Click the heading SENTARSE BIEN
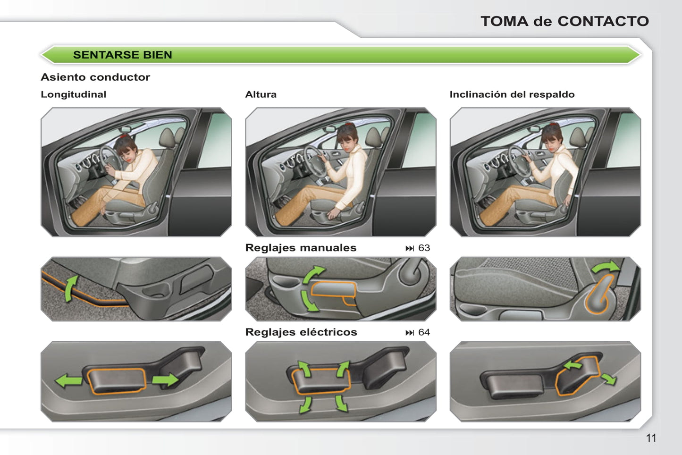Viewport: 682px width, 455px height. (122, 55)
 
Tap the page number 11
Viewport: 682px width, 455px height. (651, 438)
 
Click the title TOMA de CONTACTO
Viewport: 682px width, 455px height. (565, 21)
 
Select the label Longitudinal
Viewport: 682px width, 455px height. (73, 94)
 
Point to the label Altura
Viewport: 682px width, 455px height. (261, 94)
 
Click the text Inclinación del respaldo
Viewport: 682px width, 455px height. (512, 94)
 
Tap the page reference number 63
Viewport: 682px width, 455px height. (424, 248)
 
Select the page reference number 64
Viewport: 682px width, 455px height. (424, 332)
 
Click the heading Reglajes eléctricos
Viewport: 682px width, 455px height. (301, 332)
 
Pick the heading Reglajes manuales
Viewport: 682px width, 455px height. (301, 248)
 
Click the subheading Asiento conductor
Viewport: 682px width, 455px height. (95, 77)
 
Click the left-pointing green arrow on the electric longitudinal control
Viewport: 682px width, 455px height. (68, 381)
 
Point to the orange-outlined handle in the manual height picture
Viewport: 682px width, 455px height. (333, 290)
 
